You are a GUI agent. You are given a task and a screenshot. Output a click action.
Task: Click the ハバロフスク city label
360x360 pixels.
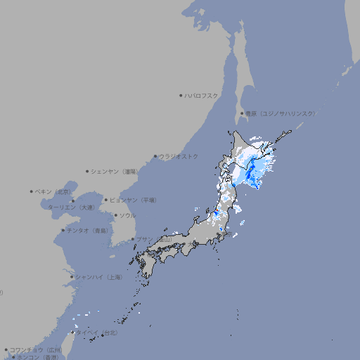(202, 95)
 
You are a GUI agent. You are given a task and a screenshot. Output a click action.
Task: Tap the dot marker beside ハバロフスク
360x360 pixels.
(181, 95)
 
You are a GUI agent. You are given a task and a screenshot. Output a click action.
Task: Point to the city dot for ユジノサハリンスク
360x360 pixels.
(242, 113)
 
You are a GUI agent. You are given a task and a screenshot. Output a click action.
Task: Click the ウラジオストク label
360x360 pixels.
(179, 156)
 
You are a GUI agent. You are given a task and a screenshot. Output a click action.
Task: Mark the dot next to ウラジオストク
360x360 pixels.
(155, 156)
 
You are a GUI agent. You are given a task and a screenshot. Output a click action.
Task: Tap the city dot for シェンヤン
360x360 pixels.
(88, 171)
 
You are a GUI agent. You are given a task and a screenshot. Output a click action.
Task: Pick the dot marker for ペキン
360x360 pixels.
(32, 191)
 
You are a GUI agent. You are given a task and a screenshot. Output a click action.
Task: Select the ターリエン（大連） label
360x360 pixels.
(71, 207)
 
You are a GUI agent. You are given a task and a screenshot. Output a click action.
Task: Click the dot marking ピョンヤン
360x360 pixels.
(106, 200)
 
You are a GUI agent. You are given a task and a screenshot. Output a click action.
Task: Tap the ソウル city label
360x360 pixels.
(127, 216)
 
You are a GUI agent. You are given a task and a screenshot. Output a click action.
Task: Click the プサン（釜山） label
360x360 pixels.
(154, 239)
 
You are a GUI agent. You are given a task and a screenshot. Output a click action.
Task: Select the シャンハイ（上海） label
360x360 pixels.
(99, 277)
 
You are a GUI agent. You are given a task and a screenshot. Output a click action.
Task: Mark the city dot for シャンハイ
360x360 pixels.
(72, 277)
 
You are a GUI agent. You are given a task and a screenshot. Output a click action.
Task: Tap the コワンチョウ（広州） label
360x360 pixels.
(36, 349)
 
